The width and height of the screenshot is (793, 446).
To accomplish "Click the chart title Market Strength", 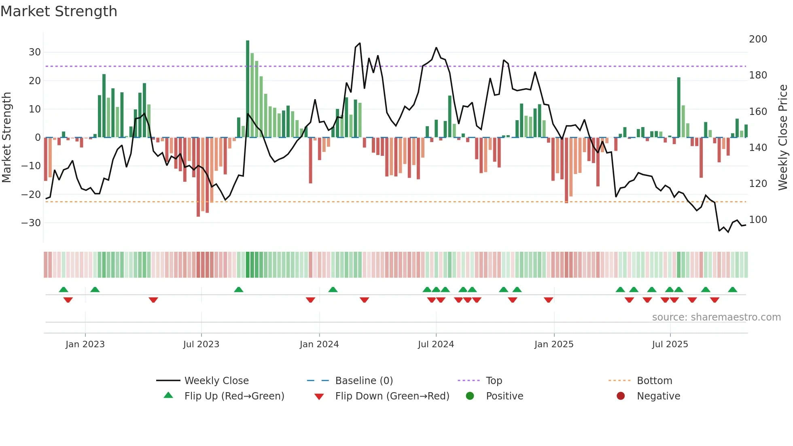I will coord(59,11).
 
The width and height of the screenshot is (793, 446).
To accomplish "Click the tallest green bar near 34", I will coord(248,89).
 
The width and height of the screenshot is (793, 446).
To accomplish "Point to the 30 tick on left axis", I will coord(35,52).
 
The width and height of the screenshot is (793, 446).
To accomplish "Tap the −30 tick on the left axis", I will coord(32,223).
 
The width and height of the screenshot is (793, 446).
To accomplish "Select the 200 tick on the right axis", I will coord(758,39).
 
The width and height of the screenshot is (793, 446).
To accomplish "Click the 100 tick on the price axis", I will coord(758,220).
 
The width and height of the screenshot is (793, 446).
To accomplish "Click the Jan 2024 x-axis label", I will coord(319,344).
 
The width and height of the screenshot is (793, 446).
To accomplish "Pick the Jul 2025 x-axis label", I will coord(670,344).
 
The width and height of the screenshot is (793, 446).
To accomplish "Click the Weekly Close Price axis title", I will coord(783,138).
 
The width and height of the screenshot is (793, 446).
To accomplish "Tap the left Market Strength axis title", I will coord(6,138).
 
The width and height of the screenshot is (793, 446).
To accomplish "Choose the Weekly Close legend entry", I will coord(216,381).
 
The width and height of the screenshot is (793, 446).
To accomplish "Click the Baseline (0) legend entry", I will coord(364,381).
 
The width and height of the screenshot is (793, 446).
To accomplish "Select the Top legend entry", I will coord(494,381).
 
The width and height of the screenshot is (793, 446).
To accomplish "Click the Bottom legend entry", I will coord(654,381).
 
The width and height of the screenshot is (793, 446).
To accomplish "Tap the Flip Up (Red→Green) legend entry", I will coord(234,396).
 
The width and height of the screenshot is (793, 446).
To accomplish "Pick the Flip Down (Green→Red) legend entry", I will coord(392,396).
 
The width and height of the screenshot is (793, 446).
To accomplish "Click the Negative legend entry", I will coord(658,396).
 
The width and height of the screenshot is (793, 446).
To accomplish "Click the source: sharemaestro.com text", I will coord(716,317).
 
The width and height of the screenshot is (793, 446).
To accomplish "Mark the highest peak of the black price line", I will coord(360,43).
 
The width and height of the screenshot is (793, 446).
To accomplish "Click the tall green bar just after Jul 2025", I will coord(679,107).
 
